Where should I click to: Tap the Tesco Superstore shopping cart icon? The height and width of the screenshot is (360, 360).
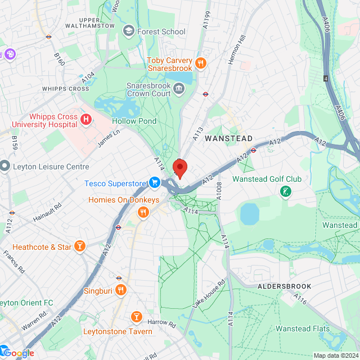tap(154, 183)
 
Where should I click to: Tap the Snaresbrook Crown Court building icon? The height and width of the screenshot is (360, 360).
tap(179, 88)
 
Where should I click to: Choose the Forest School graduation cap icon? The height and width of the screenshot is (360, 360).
tap(128, 31)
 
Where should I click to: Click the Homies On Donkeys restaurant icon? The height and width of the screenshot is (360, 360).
tap(143, 212)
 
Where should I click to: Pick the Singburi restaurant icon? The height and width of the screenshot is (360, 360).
tap(121, 290)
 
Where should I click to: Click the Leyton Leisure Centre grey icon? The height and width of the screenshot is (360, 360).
tap(5, 166)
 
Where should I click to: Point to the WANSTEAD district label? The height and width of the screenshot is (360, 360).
tap(228, 138)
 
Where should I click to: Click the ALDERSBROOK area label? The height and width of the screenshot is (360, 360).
tap(284, 286)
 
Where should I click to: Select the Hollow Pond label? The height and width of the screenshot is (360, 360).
tap(132, 121)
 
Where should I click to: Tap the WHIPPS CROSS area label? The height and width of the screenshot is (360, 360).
tap(65, 89)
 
